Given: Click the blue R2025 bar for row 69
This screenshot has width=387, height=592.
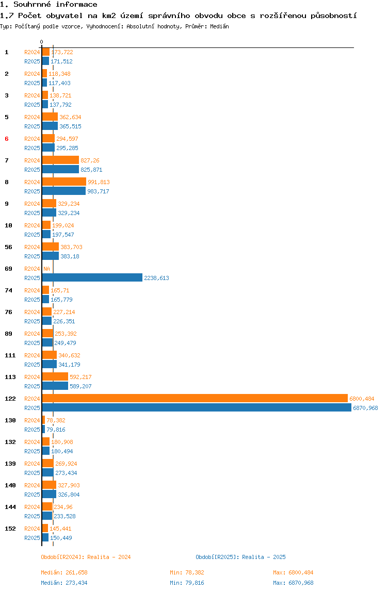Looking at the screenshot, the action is (92, 277).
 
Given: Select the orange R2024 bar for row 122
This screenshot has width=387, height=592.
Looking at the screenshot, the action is (195, 398).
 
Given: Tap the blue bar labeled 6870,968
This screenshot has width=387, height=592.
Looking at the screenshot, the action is (197, 408).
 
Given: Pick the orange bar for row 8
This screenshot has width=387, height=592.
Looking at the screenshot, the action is (64, 182).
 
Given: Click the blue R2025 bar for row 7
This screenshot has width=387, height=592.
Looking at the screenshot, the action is (60, 169).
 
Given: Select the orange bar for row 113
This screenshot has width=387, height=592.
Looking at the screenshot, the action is (55, 376).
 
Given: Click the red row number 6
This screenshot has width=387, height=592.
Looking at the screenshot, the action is (6, 139).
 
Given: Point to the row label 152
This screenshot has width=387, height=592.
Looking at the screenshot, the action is (10, 529).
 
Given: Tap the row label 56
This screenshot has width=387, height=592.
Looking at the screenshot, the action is (8, 247).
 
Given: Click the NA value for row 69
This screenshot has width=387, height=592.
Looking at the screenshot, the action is (46, 269).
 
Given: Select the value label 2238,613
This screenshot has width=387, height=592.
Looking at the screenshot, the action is (156, 278).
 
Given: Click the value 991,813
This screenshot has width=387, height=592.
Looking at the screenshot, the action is (99, 182).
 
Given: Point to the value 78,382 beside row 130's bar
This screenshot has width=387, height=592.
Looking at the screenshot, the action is (56, 420).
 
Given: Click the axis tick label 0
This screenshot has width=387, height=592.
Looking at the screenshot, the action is (42, 42).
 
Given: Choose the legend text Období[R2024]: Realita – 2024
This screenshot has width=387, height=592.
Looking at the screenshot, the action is (86, 557).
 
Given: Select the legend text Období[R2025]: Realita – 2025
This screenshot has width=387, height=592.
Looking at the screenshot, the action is (240, 557).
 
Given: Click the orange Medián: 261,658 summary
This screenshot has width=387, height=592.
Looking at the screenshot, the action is (64, 572).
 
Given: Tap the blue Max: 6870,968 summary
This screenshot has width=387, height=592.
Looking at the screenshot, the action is (293, 583).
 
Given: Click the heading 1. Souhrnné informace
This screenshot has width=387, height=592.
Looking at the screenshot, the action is (49, 5).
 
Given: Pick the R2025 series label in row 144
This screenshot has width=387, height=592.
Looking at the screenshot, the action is (32, 516).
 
